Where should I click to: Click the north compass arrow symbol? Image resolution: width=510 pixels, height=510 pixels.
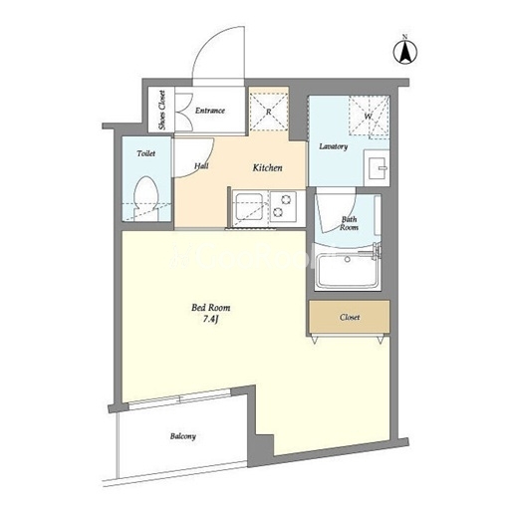tap(405, 52)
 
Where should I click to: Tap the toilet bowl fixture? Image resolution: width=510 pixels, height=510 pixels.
tap(146, 198)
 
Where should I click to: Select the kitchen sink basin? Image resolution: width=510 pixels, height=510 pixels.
tap(249, 206)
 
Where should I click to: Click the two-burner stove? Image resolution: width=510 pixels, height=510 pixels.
tap(282, 206)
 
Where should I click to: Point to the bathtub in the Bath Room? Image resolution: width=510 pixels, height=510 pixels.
tap(348, 270)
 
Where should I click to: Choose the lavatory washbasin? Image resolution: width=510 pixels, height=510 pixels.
tap(378, 167)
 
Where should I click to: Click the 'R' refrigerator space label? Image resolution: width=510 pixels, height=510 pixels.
tap(268, 112)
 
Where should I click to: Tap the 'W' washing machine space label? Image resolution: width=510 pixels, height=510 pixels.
tap(368, 117)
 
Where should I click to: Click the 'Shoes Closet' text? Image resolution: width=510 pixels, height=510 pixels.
tap(162, 110)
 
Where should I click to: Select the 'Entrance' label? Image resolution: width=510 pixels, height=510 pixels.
tap(210, 111)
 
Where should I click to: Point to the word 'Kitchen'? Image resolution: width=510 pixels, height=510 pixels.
tap(268, 167)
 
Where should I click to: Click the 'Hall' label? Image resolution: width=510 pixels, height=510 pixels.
tap(201, 165)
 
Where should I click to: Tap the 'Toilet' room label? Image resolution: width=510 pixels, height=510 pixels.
tap(146, 153)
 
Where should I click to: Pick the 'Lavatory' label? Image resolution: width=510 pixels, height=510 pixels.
tap(334, 146)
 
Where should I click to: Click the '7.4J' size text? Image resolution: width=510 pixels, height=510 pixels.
tap(210, 319)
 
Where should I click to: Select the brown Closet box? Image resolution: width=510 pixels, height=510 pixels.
tap(350, 317)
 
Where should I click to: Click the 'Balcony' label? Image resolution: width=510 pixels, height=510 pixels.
tap(183, 436)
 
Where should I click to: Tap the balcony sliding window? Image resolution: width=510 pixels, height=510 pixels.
tap(179, 398)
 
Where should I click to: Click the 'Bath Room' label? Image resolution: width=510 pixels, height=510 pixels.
tap(349, 223)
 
